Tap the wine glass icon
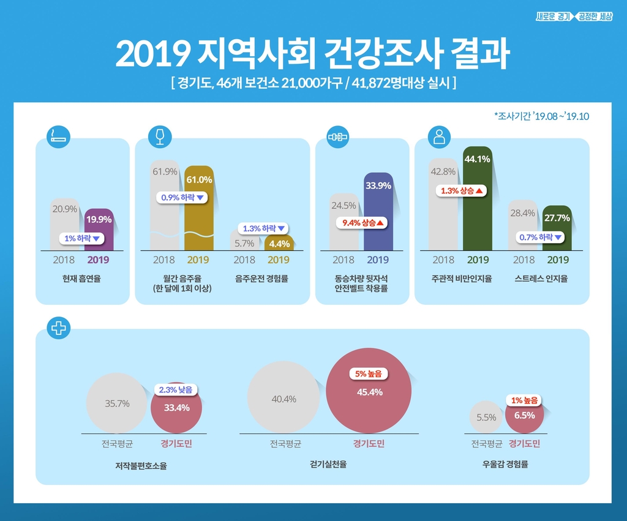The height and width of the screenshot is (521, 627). click(160, 137)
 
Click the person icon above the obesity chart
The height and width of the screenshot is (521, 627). click(438, 137)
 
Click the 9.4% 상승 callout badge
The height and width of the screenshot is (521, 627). click(362, 223)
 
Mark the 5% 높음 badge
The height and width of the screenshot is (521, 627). click(369, 373)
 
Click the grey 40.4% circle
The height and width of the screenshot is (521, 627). click(283, 399)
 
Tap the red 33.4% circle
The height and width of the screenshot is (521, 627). click(176, 407)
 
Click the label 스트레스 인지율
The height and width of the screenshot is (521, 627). click(541, 279)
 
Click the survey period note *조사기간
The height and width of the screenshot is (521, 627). click(541, 116)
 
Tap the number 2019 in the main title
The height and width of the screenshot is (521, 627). click(153, 55)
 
